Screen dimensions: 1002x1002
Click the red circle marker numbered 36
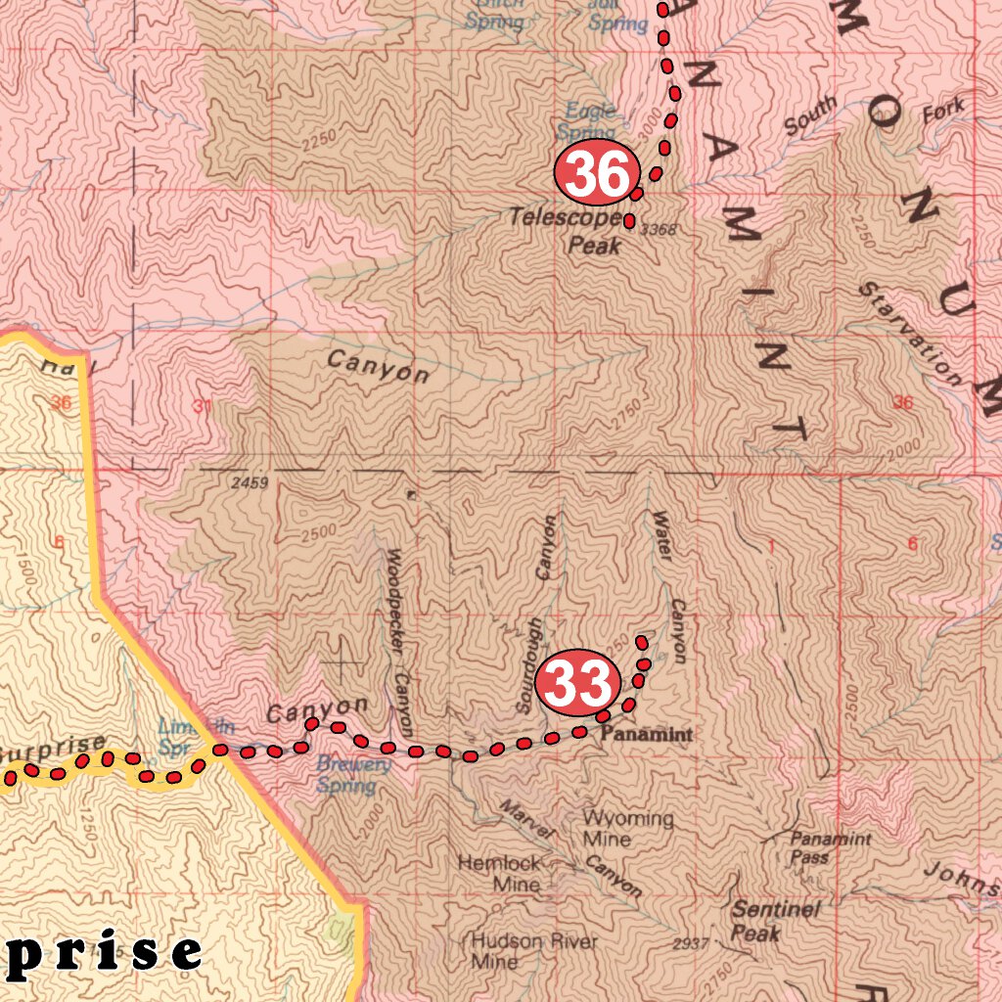click(x=597, y=174)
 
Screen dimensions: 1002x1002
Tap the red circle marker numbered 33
click(x=580, y=681)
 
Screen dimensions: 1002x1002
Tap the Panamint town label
click(x=646, y=734)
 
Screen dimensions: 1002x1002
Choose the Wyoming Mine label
click(x=627, y=828)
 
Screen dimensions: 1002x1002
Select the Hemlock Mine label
click(x=500, y=873)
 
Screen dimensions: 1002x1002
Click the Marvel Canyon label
click(x=569, y=847)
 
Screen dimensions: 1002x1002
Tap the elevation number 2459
click(x=250, y=482)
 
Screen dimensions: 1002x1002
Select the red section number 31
click(x=203, y=407)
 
